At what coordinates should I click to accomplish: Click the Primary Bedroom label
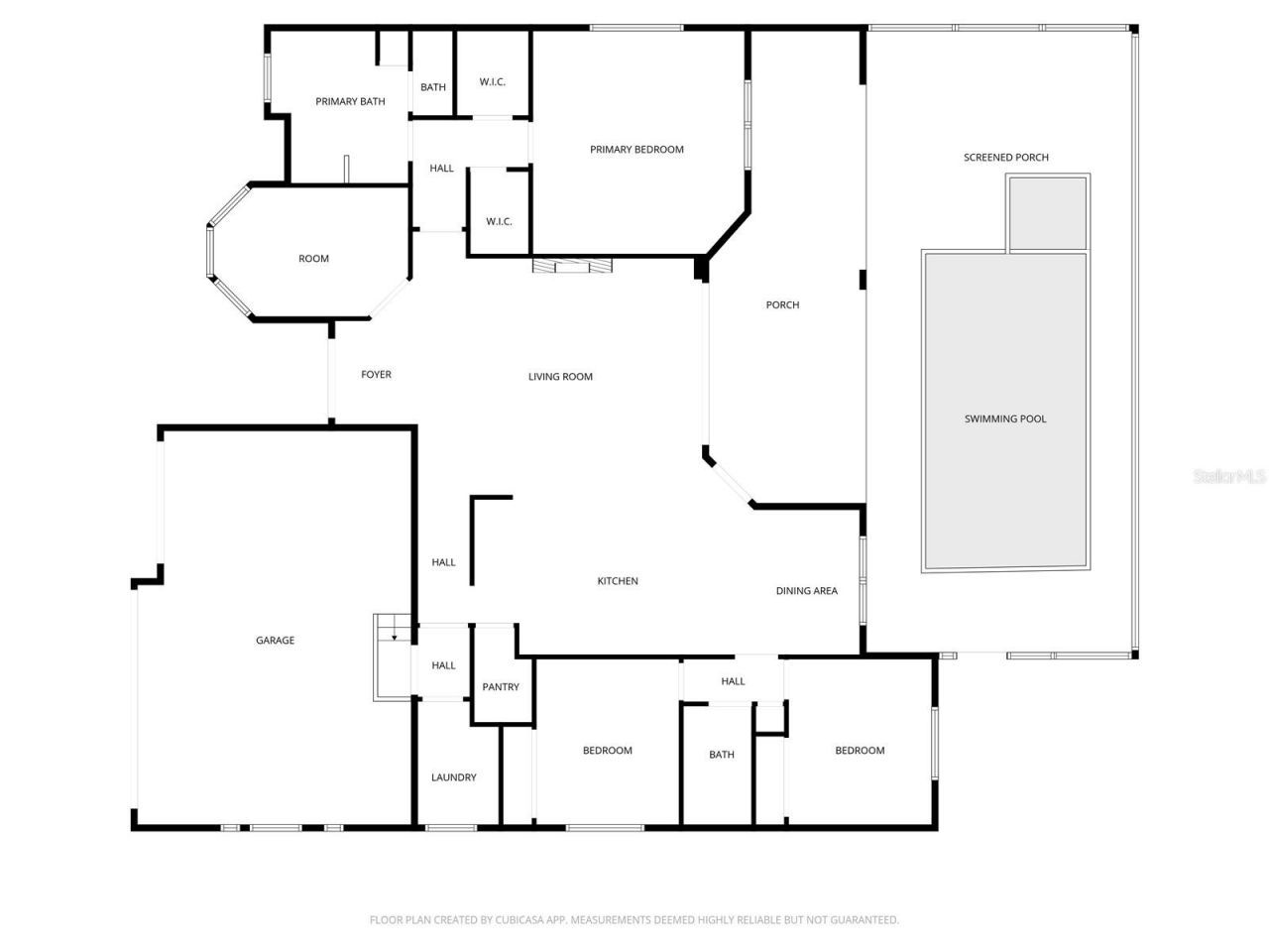coord(636,150)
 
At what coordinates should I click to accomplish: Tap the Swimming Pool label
coord(1005,418)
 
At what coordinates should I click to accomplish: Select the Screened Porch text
coord(1005,157)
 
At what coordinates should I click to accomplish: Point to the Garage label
coord(275,641)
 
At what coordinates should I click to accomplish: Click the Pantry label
coord(501,687)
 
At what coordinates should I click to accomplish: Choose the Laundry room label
coord(454,777)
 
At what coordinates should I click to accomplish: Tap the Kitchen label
coord(618,581)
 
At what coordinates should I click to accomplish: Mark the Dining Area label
coord(806,591)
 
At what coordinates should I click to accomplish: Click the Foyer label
coord(376,375)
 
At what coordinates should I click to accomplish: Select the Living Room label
coord(560,377)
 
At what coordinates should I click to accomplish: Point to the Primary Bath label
coord(350,101)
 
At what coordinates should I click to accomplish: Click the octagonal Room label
coord(313,259)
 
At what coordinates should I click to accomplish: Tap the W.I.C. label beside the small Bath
coord(493,81)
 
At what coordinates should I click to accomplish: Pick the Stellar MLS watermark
coord(1229,477)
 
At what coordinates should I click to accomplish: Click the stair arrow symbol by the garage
coord(395,637)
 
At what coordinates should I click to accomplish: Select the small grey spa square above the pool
coord(1049,213)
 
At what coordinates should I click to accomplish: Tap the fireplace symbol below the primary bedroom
coord(572,266)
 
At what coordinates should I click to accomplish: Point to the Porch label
coord(782,304)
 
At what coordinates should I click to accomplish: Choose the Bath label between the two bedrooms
coord(722,755)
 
